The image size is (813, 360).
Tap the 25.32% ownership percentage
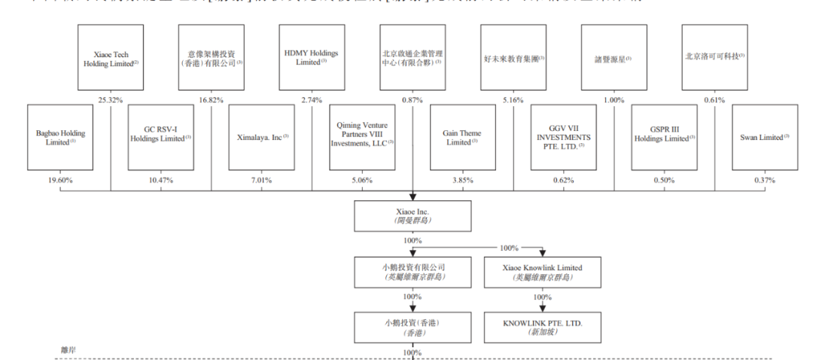[111, 99]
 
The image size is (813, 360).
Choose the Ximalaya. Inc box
[261, 138]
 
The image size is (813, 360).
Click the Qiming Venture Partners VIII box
[362, 138]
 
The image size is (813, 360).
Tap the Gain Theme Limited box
[463, 138]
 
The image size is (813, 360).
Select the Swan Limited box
[765, 138]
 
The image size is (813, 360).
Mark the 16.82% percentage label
[212, 99]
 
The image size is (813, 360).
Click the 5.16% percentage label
[513, 99]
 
